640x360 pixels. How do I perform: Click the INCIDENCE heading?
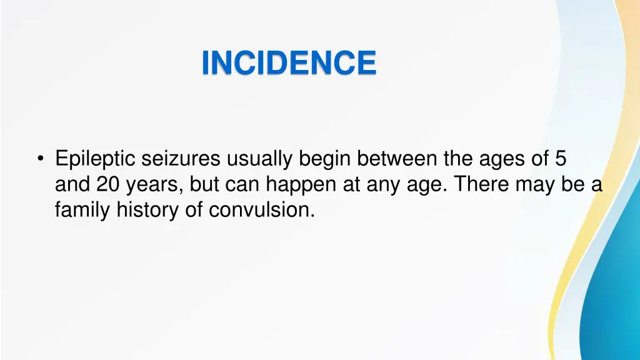[289, 63]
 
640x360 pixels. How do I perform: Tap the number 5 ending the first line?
[561, 159]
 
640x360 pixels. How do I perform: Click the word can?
[244, 186]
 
